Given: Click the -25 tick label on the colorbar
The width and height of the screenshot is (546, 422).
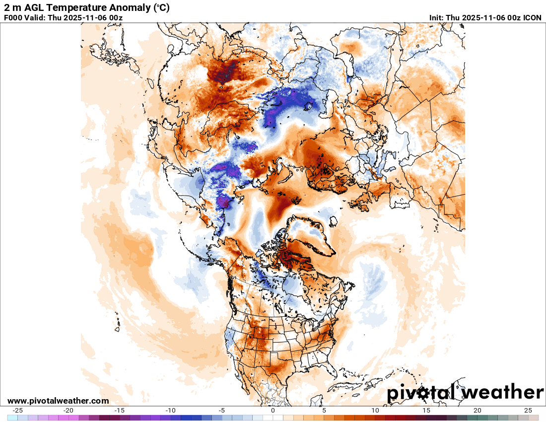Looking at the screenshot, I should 18,411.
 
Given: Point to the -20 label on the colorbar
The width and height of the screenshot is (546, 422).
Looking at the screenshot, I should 68,411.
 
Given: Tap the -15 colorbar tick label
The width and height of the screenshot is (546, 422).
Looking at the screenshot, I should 120,411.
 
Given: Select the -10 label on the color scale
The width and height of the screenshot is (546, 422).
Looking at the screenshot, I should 171,411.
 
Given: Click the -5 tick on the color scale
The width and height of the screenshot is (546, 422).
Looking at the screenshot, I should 222,411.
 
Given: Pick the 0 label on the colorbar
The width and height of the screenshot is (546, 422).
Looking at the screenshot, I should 273,411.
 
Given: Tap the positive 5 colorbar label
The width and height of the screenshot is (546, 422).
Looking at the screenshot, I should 324,411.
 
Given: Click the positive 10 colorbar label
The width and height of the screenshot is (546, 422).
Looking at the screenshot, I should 375,411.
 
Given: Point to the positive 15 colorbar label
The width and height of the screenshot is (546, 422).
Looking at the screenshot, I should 426,411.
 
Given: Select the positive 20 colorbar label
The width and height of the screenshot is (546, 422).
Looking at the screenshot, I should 477,411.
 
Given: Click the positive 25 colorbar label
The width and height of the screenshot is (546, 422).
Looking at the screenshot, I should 528,411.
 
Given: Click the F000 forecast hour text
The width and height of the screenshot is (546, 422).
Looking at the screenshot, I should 13,18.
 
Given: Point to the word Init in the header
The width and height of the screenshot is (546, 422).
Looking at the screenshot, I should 437,18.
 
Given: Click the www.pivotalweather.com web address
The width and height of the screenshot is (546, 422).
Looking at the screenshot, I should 58,401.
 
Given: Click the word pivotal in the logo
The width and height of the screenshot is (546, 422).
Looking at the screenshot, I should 423,393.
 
